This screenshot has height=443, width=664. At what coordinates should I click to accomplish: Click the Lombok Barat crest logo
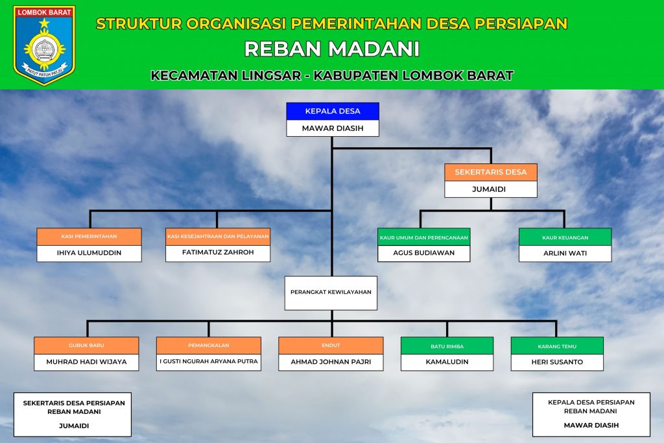pos(44,45)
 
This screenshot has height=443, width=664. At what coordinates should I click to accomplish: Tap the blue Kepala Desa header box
pos(333,111)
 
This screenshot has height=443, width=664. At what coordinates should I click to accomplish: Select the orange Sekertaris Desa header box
pos(491,172)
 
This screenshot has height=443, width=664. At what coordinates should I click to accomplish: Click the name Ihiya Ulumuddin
pos(89,253)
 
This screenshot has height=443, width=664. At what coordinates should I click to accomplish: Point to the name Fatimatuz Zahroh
pos(218,252)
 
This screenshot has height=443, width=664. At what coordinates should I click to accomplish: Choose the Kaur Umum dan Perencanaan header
pos(424,237)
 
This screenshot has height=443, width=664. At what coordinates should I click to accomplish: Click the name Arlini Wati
pos(565,253)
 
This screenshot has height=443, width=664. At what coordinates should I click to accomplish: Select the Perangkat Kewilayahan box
pos(331,293)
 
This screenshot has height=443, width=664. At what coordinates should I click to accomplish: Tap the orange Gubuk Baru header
pos(86,346)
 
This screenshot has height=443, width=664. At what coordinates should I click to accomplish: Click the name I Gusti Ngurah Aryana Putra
pos(208,361)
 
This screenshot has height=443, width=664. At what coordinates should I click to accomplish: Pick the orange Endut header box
pos(331,346)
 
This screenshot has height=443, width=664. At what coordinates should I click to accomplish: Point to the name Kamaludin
pos(447,362)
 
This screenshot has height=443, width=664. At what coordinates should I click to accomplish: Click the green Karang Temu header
pos(557,346)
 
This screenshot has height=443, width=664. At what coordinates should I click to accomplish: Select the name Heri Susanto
pos(557,362)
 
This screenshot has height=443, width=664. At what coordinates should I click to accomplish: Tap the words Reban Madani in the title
pos(332,49)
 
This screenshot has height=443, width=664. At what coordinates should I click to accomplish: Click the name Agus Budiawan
pos(423,253)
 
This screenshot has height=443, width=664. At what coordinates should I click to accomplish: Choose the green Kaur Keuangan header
pos(565,237)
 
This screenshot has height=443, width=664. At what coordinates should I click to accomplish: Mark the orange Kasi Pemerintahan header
pos(89,237)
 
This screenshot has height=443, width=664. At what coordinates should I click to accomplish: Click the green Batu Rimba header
pos(447,346)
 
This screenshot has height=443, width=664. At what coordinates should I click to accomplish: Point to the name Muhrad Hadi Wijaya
pos(86,362)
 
